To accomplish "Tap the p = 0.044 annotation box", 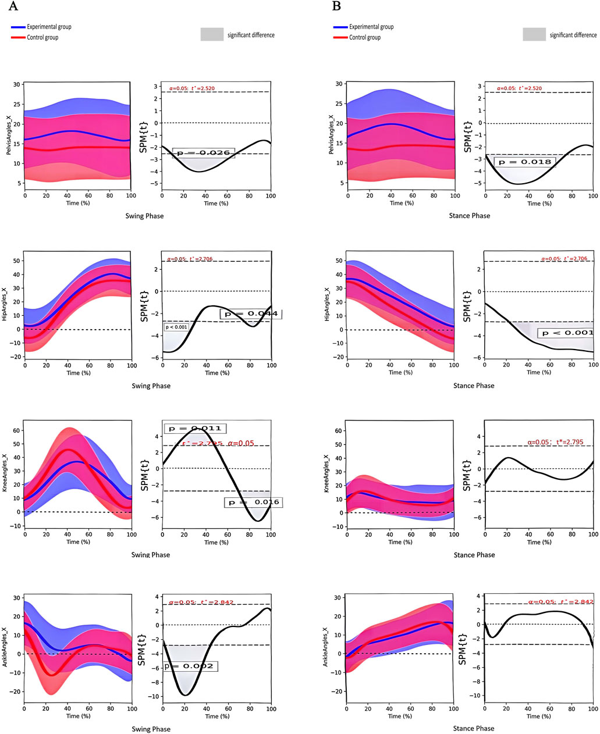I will [x=251, y=314].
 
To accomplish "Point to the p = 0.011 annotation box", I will [x=194, y=429].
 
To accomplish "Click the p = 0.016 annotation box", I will [x=253, y=502].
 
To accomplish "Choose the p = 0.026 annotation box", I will [x=204, y=153].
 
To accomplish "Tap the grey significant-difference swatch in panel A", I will [x=212, y=34].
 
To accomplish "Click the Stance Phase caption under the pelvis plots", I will [x=470, y=216].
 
